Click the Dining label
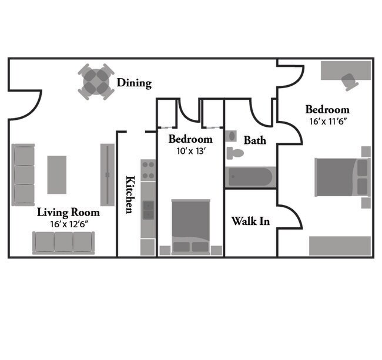click(134, 83)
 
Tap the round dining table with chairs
click(97, 82)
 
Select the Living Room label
click(68, 212)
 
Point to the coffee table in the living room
click(57, 174)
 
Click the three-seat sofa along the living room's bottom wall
click(63, 242)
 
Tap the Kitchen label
click(129, 194)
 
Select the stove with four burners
click(148, 170)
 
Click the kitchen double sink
click(148, 210)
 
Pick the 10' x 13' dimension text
click(190, 150)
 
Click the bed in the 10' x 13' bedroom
click(190, 227)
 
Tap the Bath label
click(254, 140)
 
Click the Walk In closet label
click(250, 221)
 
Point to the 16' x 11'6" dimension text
click(327, 122)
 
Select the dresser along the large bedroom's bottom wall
click(340, 245)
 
